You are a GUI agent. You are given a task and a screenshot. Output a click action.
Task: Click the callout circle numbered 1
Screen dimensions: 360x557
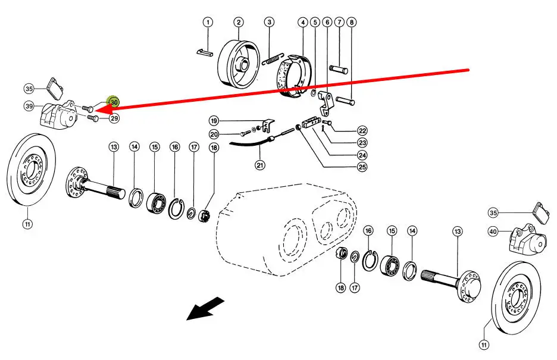click(208, 23)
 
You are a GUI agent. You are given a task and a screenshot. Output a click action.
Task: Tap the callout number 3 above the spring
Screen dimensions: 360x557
click(270, 23)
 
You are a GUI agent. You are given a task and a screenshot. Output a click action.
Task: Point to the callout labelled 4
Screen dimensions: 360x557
click(303, 23)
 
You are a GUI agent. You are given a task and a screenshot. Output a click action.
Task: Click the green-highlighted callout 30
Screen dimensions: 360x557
click(114, 102)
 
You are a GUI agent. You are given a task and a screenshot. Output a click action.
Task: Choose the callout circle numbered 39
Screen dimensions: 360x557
click(29, 106)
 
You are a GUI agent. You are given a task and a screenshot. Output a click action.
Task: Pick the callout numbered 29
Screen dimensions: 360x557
click(114, 118)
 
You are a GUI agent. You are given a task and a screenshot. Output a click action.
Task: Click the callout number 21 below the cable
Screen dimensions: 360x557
click(260, 165)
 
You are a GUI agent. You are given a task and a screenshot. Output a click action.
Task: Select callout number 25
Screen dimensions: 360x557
click(362, 167)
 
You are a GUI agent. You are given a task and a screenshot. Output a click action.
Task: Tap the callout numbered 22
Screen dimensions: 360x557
click(362, 131)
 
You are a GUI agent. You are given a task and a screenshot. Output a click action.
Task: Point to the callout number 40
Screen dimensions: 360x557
click(493, 231)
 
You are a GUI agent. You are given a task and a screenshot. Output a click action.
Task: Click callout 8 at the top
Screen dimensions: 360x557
click(352, 23)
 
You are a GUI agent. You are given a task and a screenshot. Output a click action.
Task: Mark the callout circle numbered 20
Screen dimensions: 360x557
click(214, 134)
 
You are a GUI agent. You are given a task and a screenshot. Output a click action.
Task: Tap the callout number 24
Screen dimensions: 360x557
click(362, 155)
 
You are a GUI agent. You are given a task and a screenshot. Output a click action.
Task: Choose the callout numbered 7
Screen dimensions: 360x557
click(339, 23)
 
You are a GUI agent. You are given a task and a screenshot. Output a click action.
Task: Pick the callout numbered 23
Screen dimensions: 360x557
click(362, 143)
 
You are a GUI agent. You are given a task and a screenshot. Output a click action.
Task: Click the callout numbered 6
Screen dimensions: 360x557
click(327, 23)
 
